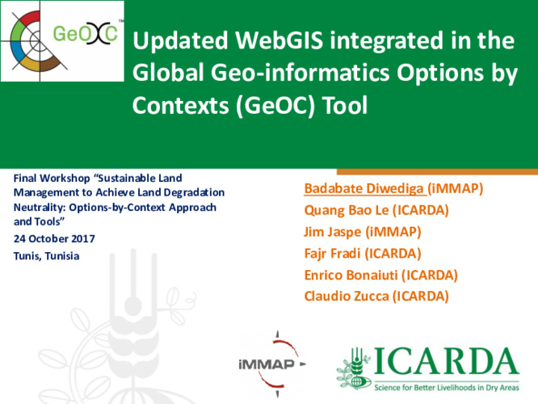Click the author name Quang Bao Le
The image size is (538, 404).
[338, 212]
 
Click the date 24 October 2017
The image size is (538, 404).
[55, 239]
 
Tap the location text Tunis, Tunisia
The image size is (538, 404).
[48, 256]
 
